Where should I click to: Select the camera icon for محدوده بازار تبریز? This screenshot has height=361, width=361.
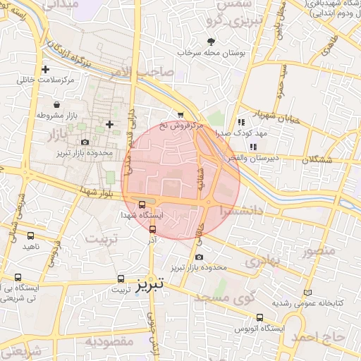85,142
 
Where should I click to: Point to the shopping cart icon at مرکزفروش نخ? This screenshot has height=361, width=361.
180,115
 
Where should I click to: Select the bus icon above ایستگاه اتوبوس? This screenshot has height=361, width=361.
260,317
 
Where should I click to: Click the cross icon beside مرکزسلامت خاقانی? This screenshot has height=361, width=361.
46,69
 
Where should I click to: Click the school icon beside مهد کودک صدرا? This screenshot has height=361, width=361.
242,122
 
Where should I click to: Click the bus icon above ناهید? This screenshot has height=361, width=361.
30,235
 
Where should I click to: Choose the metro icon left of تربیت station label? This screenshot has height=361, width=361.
121,279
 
